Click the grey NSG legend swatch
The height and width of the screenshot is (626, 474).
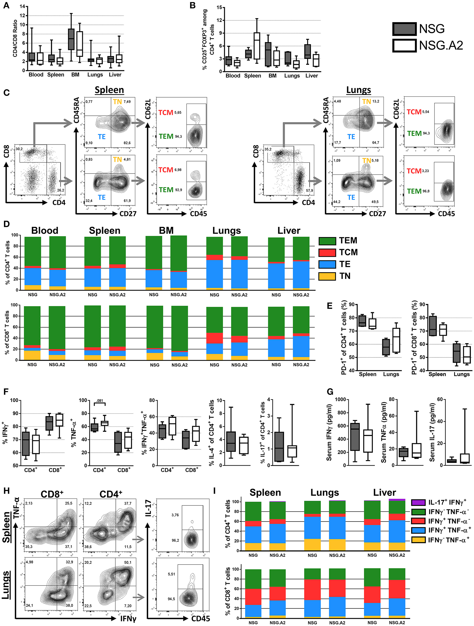tap(404, 29)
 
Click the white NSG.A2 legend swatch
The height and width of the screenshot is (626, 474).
tap(404, 46)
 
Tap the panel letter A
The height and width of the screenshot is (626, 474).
tap(6, 5)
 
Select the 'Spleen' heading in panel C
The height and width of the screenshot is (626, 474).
tap(109, 90)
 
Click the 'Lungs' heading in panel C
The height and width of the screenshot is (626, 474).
tap(359, 90)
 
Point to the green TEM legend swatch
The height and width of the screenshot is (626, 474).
tap(327, 241)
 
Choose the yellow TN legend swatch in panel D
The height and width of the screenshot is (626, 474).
tap(327, 276)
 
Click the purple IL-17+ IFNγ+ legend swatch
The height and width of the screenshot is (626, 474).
tap(418, 502)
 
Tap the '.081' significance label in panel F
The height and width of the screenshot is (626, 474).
tap(100, 400)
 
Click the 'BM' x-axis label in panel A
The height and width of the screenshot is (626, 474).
tap(75, 75)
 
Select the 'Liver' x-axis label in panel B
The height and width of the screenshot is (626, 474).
tap(312, 75)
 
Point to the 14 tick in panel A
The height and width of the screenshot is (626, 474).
tap(22, 6)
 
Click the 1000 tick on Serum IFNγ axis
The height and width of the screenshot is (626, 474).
tap(340, 400)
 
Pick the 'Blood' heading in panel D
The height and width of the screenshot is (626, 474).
tap(45, 230)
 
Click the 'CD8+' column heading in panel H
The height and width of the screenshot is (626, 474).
tap(52, 494)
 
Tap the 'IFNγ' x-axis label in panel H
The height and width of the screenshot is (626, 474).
tap(128, 619)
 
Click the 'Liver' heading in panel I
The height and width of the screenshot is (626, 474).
tap(384, 492)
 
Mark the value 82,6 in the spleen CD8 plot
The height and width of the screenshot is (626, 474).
tap(127, 143)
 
